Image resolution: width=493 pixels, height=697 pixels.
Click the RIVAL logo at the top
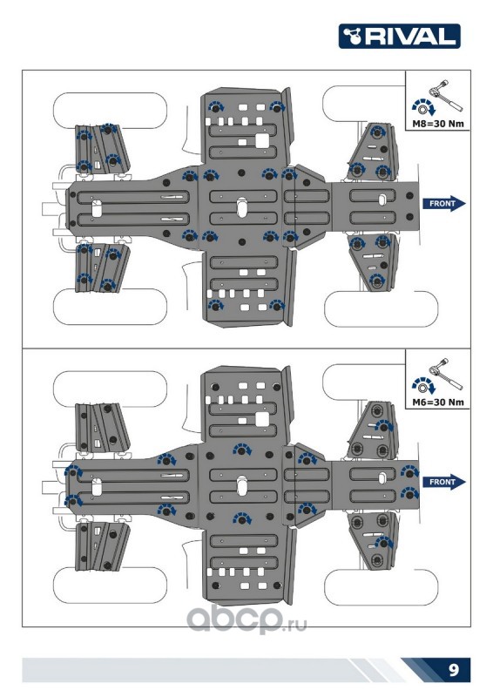click(399, 36)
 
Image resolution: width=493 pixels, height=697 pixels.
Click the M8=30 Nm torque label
click(438, 124)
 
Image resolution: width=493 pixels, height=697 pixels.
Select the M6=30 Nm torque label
click(438, 403)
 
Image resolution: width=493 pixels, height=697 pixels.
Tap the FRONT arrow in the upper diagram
click(443, 204)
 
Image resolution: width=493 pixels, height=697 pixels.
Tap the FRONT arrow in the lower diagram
click(443, 482)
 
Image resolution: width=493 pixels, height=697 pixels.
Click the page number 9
click(454, 669)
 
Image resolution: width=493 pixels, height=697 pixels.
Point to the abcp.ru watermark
click(246, 619)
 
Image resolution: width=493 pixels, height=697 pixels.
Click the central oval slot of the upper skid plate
click(242, 207)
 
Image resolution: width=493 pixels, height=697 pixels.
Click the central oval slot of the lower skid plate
click(242, 486)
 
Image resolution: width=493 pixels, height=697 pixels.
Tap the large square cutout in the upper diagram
click(262, 140)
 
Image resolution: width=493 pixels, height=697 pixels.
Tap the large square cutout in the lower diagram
click(262, 419)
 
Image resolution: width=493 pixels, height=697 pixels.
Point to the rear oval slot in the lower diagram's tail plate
click(97, 487)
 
